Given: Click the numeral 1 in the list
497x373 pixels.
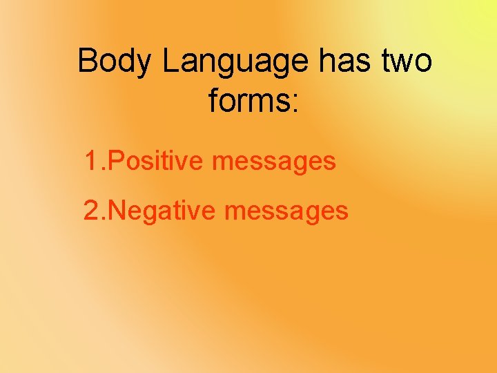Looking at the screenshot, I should [91, 162].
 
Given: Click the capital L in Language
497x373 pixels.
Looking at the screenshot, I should [170, 61].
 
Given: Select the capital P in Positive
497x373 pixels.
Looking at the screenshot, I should [117, 162].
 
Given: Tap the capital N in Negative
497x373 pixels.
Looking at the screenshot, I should [118, 210].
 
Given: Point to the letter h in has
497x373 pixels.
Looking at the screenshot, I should [327, 61].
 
